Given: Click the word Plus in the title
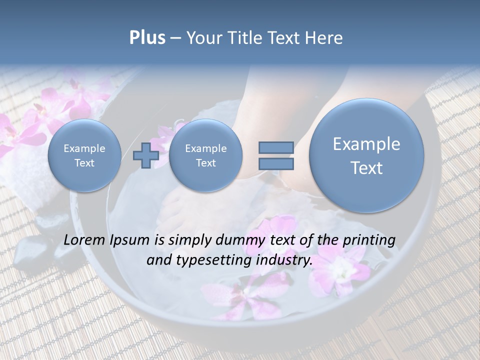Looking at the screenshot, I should tap(147, 38).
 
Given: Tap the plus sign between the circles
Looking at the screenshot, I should tap(146, 155).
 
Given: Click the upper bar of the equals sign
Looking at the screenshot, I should tap(275, 147).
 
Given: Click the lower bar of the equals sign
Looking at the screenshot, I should tap(275, 163).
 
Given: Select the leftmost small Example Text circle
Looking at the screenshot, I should tap(84, 155).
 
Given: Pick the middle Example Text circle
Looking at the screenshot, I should tap(205, 155).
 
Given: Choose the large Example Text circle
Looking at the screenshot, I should tap(366, 155).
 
